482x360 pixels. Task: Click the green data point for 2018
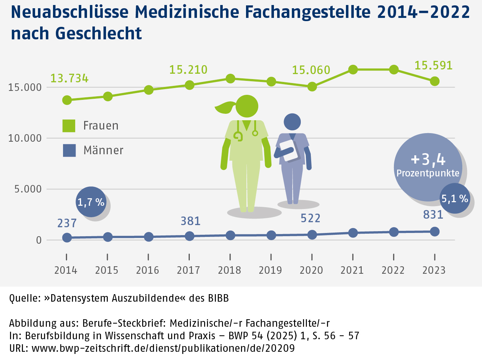coord(230,78)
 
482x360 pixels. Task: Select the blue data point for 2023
coord(434,232)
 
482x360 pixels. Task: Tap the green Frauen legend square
coord(69,126)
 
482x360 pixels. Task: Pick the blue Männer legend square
coord(69,150)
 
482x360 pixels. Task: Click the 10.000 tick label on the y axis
coord(25,138)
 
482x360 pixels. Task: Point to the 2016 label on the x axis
coord(148,270)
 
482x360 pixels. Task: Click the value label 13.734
coord(69,78)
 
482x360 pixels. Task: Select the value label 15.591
coord(433,65)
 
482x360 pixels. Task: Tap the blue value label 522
coord(310,218)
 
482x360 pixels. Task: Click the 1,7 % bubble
coord(91,202)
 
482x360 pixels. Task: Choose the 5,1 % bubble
coord(454,199)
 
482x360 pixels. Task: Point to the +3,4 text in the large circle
coord(428,159)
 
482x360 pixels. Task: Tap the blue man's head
coord(292,122)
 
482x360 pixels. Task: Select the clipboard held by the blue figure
coord(289,150)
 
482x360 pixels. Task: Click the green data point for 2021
coord(353,69)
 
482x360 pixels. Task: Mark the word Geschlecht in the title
coord(98,33)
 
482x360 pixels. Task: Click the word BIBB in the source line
coord(218,298)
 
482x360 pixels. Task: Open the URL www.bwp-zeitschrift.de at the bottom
coord(163,348)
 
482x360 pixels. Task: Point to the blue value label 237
coord(67,223)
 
